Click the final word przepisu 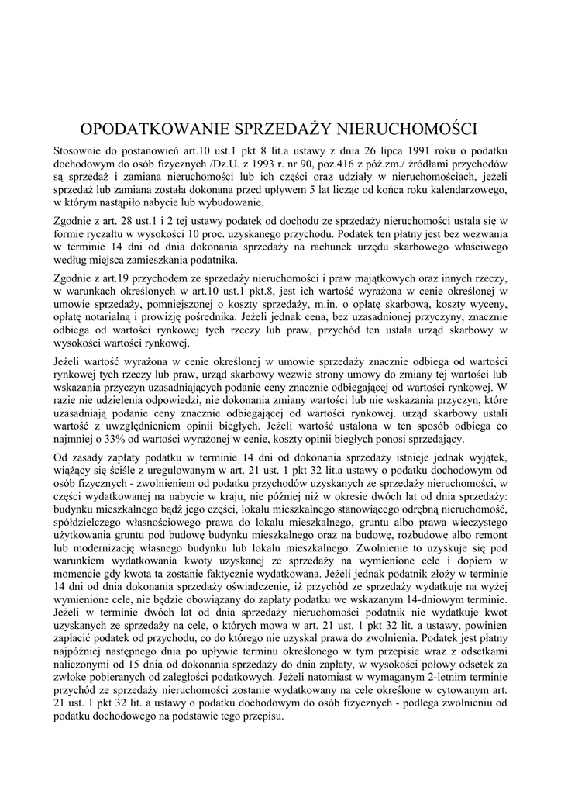click(x=260, y=716)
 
